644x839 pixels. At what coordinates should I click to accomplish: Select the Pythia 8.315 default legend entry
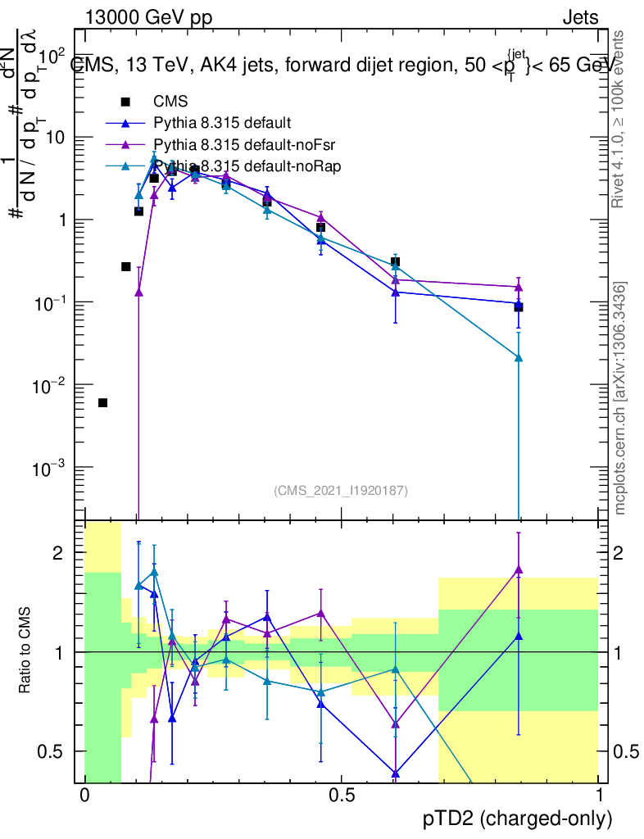point(222,124)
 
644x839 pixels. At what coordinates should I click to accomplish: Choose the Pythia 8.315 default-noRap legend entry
point(237,167)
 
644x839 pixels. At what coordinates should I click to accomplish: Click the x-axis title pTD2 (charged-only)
point(517,818)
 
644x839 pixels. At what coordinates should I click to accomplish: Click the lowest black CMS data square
point(102,402)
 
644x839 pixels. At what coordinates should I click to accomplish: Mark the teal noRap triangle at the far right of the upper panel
point(518,358)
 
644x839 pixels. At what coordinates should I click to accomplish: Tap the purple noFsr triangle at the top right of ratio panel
point(518,569)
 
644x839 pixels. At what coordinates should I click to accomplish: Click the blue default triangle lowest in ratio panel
point(396,773)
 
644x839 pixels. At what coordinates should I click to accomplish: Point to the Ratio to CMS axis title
point(25,651)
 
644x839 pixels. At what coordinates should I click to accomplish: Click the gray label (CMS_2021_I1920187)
point(341,490)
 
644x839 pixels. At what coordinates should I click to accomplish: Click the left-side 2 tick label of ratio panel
point(57,553)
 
